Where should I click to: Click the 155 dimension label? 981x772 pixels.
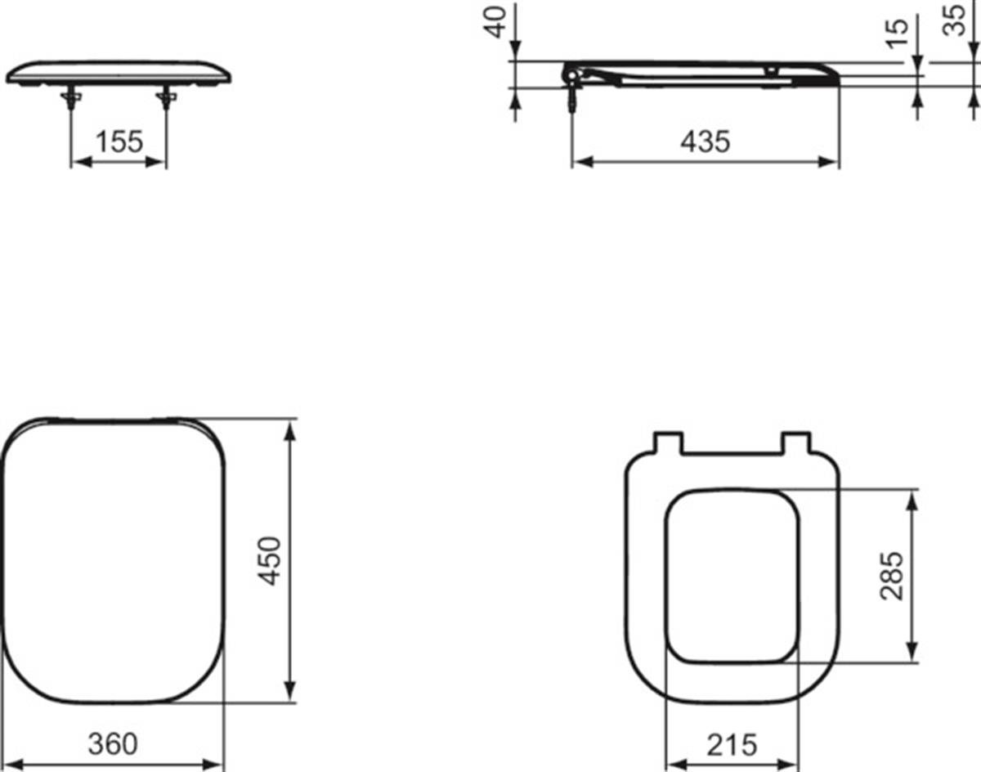119,141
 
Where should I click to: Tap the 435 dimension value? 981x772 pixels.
706,141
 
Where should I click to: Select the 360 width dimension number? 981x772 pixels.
113,743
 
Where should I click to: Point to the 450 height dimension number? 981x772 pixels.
270,561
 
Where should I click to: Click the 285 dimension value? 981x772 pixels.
892,576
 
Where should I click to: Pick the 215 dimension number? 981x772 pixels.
732,745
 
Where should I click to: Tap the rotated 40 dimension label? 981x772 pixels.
495,22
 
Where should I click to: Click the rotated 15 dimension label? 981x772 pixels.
896,34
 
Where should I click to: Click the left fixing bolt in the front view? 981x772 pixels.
71,98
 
